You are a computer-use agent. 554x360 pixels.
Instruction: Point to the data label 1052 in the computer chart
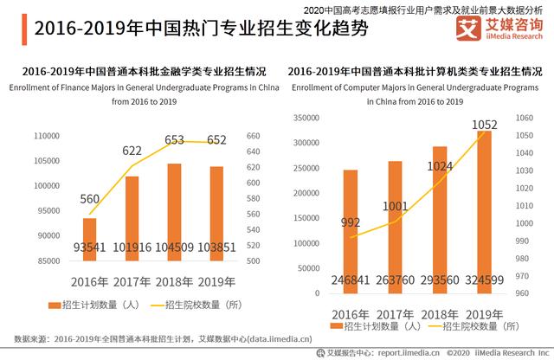(485, 126)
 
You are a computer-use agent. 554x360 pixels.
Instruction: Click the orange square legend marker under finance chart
(55, 305)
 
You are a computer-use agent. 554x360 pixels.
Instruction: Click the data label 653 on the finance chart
(175, 139)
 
